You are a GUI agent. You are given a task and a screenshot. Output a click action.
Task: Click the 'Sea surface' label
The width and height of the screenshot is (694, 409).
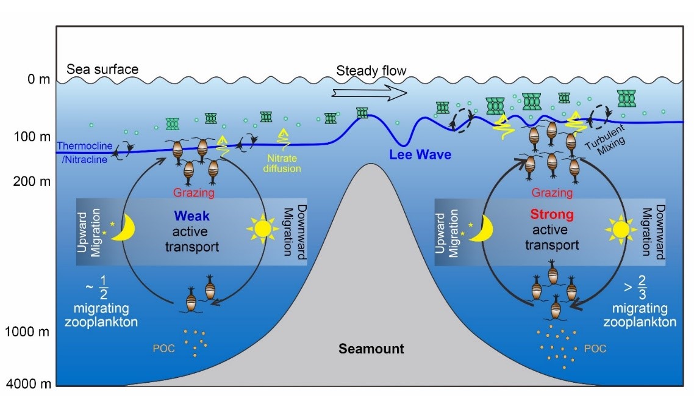pyautogui.click(x=102, y=69)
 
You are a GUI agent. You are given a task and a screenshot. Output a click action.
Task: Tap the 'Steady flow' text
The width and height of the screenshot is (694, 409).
pyautogui.click(x=371, y=71)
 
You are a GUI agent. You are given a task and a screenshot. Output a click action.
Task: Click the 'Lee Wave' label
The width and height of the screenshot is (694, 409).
pyautogui.click(x=420, y=155)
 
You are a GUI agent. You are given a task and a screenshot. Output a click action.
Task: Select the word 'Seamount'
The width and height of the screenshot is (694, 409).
pyautogui.click(x=372, y=349)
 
